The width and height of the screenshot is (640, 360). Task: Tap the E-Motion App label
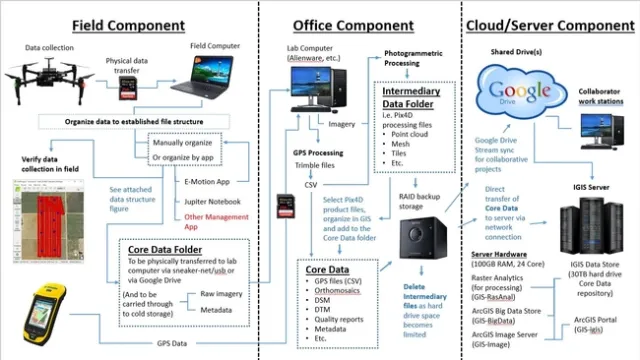coord(214,183)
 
